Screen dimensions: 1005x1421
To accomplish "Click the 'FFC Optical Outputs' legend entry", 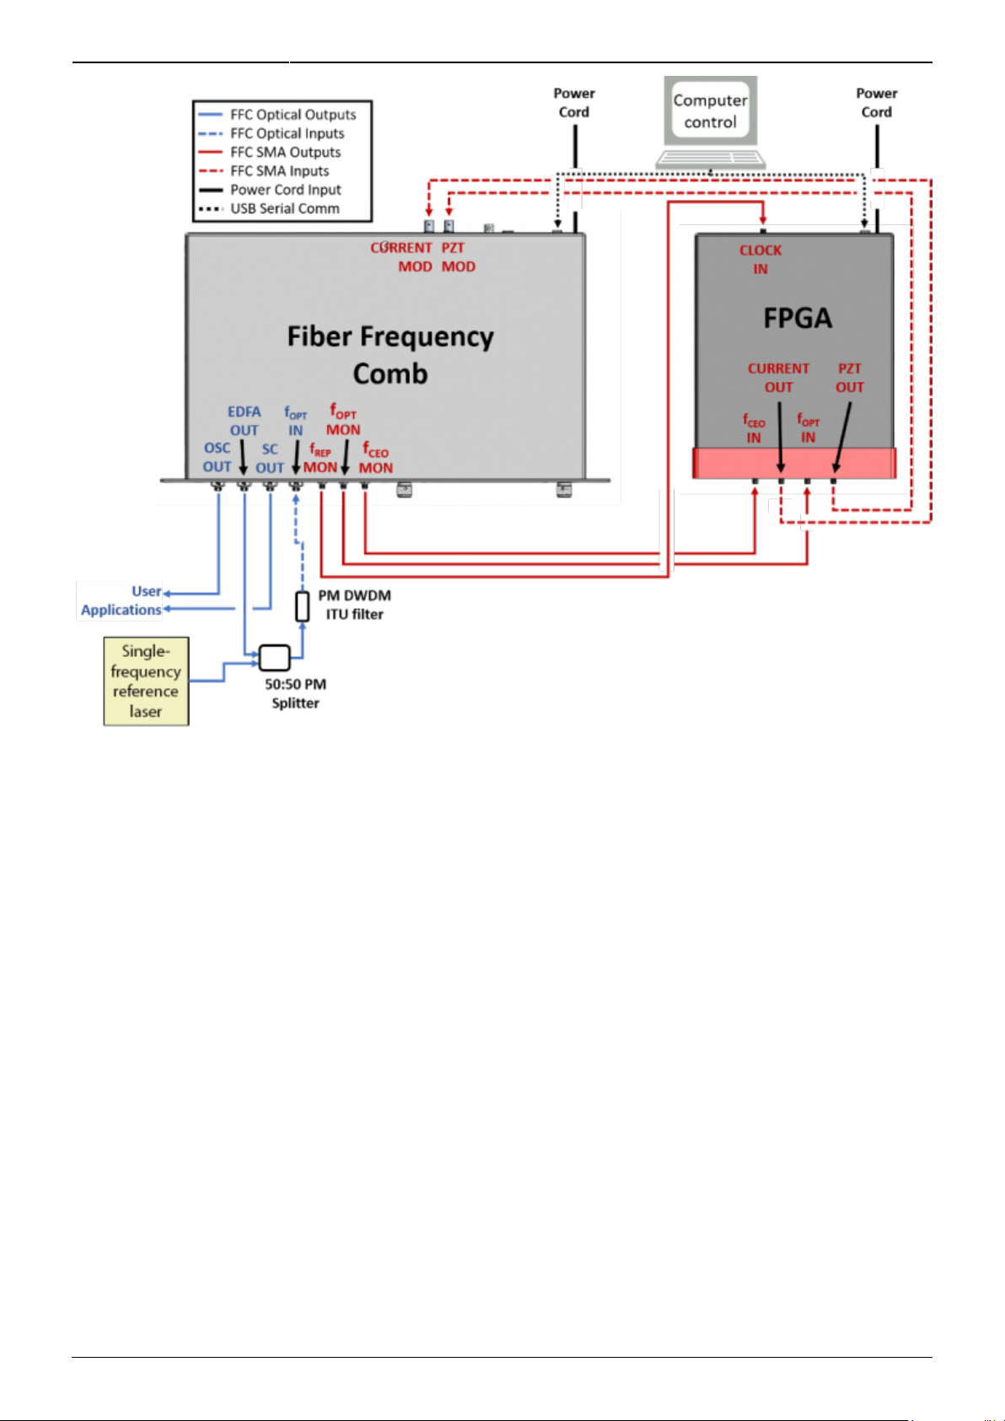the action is (277, 115).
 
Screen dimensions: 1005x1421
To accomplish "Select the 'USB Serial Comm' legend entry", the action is (269, 208).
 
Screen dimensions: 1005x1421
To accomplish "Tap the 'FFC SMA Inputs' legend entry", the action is (264, 171).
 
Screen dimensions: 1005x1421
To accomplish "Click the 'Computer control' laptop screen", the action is (710, 111).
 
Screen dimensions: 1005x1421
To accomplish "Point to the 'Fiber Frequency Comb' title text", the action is (390, 354).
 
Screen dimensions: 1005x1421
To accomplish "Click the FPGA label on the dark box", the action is (797, 318).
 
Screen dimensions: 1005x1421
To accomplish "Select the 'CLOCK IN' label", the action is (760, 260).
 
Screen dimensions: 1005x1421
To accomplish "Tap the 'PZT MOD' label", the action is (458, 257).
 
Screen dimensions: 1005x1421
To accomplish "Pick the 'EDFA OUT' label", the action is (245, 421).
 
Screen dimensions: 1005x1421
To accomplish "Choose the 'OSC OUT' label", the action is (217, 457).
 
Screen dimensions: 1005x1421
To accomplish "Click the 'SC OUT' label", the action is (270, 459).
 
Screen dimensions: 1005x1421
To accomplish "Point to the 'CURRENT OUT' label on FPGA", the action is (779, 378).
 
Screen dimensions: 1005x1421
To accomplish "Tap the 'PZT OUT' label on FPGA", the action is (850, 378).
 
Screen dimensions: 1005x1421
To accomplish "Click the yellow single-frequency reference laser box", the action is (146, 681).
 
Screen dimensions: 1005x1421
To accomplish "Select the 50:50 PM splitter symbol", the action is (275, 658).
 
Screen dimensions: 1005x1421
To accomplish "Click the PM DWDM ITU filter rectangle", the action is (303, 607).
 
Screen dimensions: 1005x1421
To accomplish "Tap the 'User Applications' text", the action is (121, 600).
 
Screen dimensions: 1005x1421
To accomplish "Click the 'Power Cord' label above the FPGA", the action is (876, 103).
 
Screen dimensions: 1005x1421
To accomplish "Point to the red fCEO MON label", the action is (376, 458).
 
